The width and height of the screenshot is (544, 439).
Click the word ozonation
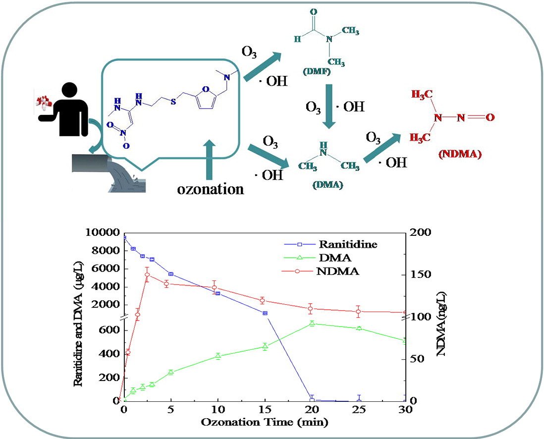[x=211, y=189]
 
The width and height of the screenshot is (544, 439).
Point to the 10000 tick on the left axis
[x=103, y=233]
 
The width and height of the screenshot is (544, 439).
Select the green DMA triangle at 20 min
[x=312, y=324]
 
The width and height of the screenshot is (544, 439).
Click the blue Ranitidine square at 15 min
[x=265, y=313]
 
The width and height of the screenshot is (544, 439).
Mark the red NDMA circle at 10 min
[x=215, y=287]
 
